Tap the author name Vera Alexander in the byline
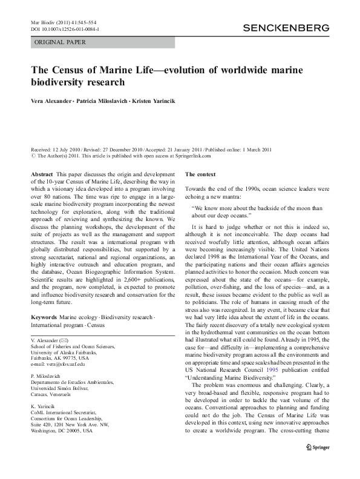[x=51, y=99]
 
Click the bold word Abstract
[x=42, y=174]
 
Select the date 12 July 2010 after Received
[x=67, y=148]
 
